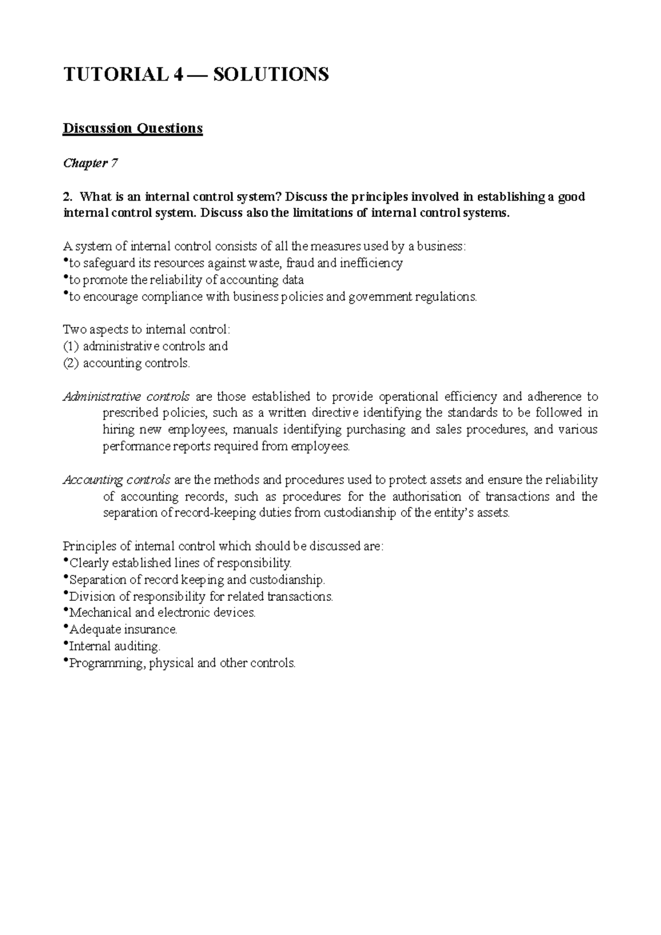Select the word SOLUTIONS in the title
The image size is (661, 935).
[270, 74]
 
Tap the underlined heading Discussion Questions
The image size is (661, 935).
[133, 128]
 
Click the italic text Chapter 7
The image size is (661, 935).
[90, 163]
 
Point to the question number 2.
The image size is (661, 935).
[67, 197]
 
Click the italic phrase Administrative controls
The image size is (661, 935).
[126, 396]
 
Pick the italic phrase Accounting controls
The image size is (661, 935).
[117, 480]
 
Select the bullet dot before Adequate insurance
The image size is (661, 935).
[66, 627]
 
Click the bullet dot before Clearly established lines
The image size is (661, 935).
[66, 561]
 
